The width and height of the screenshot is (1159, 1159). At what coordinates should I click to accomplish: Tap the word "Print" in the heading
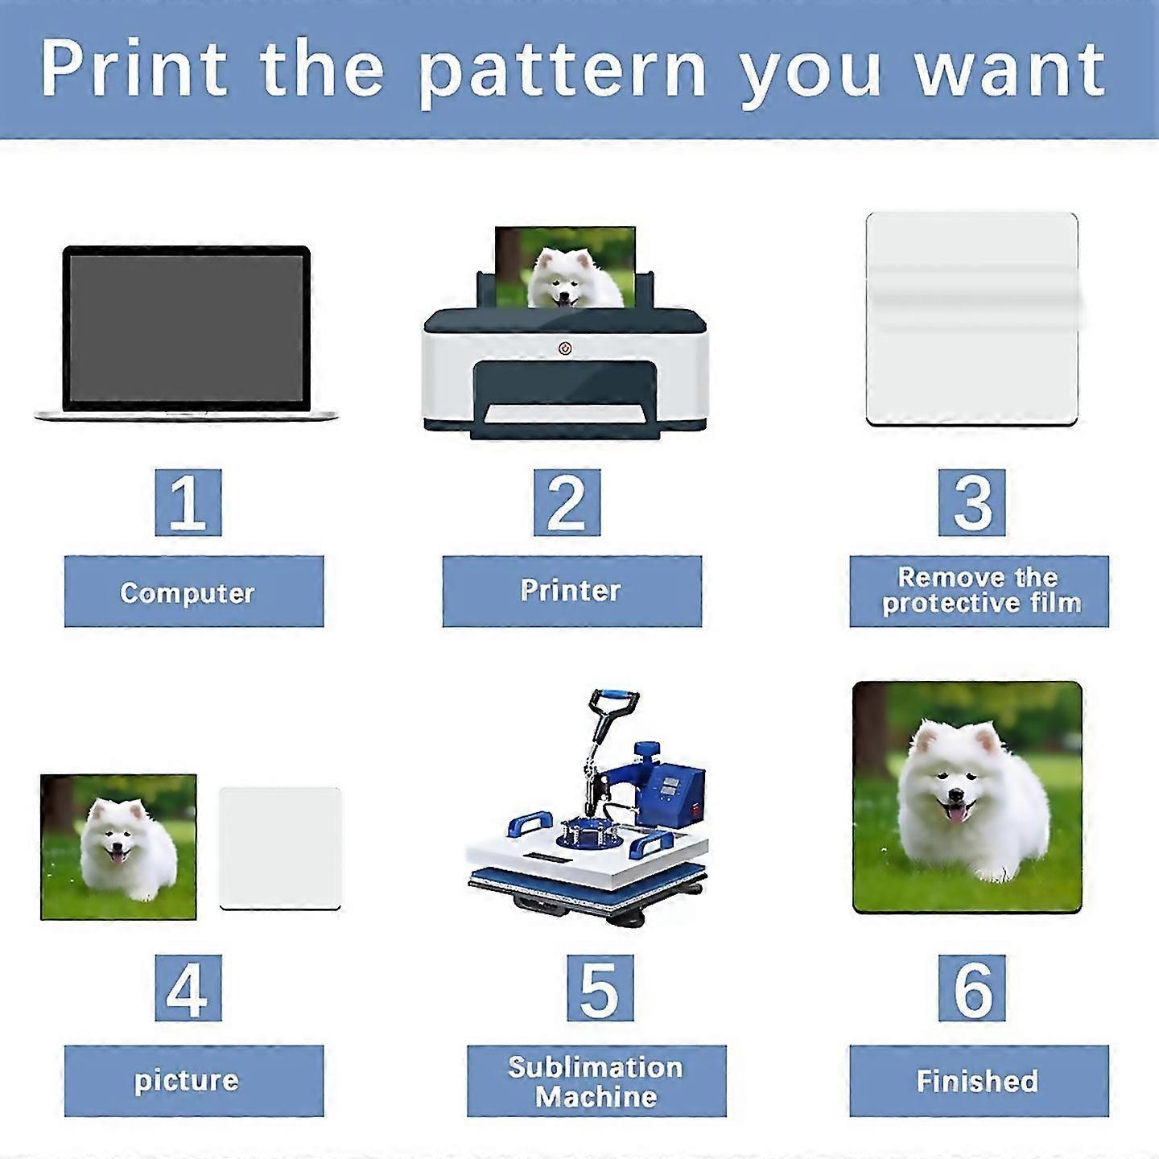pos(134,68)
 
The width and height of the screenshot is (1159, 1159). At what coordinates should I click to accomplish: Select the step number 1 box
pos(188,502)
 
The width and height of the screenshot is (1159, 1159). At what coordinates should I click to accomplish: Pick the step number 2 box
pos(567,502)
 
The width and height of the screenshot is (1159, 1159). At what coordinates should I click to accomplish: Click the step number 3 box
pos(972,502)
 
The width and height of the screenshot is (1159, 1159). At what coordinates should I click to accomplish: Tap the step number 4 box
pos(188,987)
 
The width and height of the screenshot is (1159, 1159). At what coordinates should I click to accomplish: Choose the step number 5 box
pos(600,987)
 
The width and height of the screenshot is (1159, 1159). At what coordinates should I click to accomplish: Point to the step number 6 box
pos(972,987)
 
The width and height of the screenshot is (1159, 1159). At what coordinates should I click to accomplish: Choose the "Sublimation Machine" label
pos(596,1081)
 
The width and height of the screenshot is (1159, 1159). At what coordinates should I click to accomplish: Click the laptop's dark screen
pos(187,328)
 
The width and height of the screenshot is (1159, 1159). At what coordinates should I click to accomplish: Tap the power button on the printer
pos(565,349)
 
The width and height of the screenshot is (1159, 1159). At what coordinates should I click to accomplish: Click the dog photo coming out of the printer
pos(565,268)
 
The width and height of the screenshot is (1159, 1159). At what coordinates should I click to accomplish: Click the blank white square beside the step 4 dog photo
pos(280,848)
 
